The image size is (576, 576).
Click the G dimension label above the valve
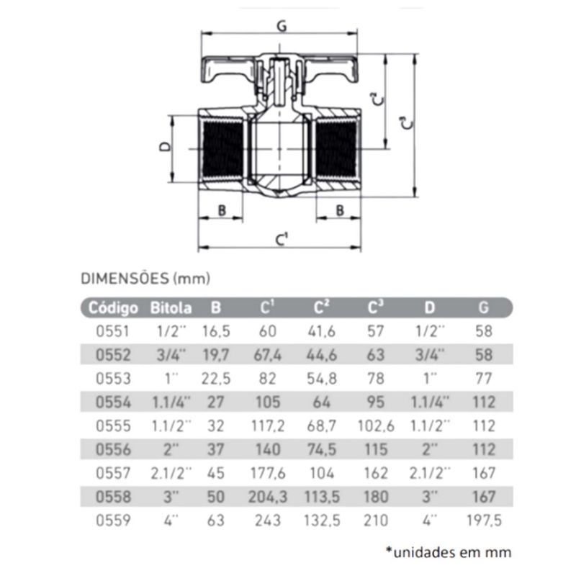coord(282,26)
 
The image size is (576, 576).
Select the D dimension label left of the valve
coord(166,147)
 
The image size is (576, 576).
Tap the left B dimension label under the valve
coord(222,210)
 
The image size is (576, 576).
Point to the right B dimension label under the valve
coord(340,210)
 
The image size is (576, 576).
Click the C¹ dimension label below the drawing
coord(282,239)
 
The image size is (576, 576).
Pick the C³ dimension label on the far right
coord(406,123)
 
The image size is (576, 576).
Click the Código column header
coord(113,308)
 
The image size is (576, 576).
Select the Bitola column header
coord(171,308)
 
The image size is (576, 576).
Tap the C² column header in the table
coord(321,307)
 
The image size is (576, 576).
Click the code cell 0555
coord(113,426)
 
